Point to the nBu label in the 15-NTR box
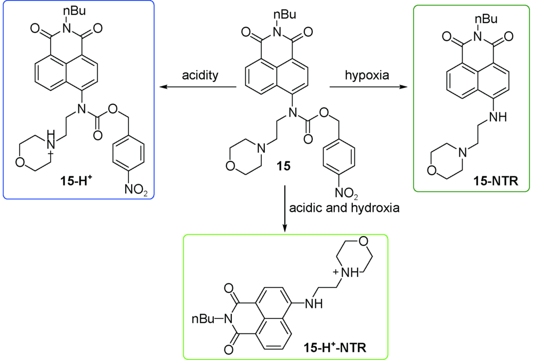click(x=484, y=19)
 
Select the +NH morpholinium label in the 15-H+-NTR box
click(x=344, y=273)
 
